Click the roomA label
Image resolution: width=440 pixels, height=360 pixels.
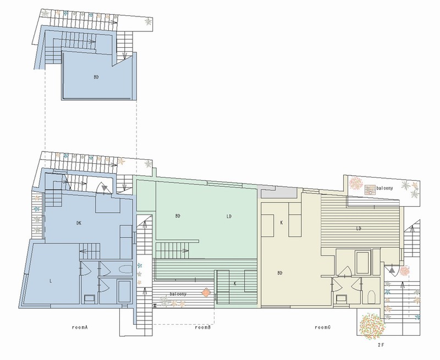point(80,327)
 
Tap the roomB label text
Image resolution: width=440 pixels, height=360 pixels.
point(202,327)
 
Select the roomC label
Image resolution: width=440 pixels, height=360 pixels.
point(322,327)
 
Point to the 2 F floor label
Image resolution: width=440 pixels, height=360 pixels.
point(381,345)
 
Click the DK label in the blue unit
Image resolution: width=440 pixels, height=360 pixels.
point(79,223)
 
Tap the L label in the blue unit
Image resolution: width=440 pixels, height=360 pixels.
point(51,281)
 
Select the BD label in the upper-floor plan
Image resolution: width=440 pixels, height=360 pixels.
point(96,77)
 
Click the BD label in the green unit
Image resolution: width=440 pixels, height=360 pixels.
point(178,216)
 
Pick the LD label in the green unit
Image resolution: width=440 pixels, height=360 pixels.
point(229,216)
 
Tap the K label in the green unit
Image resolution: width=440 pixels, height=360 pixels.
point(235,284)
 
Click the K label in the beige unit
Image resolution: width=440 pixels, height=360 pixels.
point(282,223)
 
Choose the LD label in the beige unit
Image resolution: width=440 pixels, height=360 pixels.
point(359,229)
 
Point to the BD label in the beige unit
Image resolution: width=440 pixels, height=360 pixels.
point(280,273)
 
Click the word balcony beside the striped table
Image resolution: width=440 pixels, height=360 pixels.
point(384,188)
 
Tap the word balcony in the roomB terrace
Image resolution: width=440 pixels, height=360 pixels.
point(178,294)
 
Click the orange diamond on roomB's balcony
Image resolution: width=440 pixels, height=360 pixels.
point(206,292)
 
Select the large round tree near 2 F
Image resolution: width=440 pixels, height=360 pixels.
point(372,326)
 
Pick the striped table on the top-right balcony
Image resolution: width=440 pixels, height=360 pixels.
point(370,190)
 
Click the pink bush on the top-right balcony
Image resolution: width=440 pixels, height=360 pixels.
point(355,184)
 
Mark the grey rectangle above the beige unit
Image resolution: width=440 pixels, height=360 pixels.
point(279,193)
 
